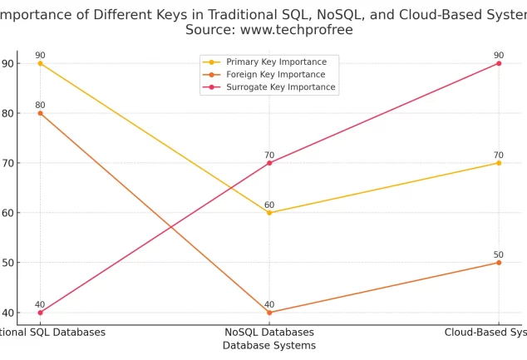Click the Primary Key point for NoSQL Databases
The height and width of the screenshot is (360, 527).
point(269,213)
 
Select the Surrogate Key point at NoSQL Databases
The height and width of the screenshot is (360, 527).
point(269,163)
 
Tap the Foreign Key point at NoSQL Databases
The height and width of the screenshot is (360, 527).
point(269,313)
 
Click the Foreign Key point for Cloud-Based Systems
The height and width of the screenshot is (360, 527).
point(499,263)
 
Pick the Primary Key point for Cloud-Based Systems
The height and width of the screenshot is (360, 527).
point(499,163)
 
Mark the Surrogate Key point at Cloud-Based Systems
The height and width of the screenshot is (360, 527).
point(499,63)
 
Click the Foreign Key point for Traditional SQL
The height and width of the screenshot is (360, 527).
point(40,113)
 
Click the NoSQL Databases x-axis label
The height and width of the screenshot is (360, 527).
point(268,332)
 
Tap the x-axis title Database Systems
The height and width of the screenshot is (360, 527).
point(268,345)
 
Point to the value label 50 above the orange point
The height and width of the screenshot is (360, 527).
point(499,254)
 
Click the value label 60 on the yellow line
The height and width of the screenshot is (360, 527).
point(269,205)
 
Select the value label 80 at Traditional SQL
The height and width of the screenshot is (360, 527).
point(40,105)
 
